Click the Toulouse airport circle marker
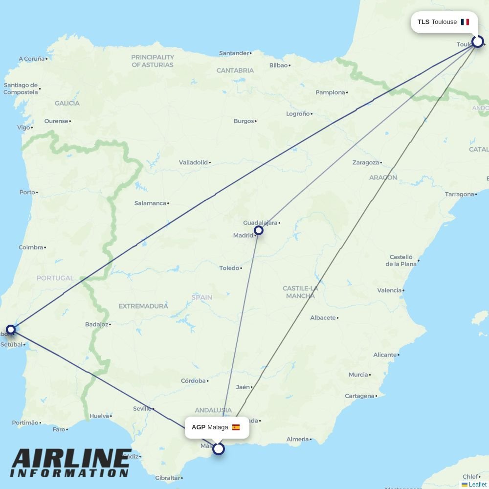click(x=477, y=42)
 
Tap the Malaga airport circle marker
click(x=219, y=448)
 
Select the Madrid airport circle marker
click(x=259, y=230)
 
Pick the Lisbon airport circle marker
click(x=11, y=330)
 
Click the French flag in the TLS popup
click(x=465, y=22)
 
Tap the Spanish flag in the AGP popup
click(x=236, y=427)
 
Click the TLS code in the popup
click(x=423, y=22)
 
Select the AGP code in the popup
click(x=198, y=427)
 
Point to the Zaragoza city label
click(x=365, y=162)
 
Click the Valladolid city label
click(x=193, y=162)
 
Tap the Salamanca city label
click(x=150, y=203)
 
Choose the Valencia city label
click(x=389, y=290)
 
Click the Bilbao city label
click(x=278, y=65)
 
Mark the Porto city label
click(x=27, y=192)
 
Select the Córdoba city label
click(x=193, y=380)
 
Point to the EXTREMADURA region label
click(x=143, y=306)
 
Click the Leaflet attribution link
click(x=477, y=485)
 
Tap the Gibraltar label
click(x=167, y=478)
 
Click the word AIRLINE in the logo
click(x=71, y=459)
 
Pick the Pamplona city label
click(x=330, y=92)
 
